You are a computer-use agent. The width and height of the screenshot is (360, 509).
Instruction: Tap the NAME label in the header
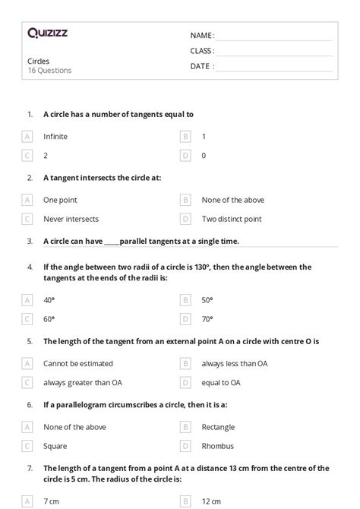[202, 36]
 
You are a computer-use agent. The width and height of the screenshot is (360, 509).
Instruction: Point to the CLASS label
[202, 51]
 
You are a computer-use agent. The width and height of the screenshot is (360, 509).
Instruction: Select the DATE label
[202, 66]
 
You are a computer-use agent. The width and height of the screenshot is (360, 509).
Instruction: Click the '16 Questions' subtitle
[49, 71]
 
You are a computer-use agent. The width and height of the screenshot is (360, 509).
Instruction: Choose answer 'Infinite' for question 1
[55, 137]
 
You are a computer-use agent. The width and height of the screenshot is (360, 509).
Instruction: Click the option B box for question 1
[185, 137]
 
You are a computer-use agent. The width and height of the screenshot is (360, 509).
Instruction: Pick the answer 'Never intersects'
[71, 219]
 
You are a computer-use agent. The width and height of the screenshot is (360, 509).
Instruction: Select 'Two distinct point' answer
[232, 219]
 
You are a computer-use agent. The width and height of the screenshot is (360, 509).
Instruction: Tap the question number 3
[30, 242]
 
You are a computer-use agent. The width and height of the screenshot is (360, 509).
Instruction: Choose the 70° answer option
[207, 319]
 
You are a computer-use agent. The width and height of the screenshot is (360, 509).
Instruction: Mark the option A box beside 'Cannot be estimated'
[27, 364]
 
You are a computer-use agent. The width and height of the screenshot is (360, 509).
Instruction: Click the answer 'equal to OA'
[221, 382]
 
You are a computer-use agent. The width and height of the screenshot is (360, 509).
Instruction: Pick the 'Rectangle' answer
[218, 427]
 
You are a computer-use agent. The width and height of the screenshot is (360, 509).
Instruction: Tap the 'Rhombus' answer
[216, 446]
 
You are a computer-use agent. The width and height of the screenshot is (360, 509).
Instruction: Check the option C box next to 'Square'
[27, 446]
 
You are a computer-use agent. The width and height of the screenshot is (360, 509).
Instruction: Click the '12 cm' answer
[212, 501]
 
